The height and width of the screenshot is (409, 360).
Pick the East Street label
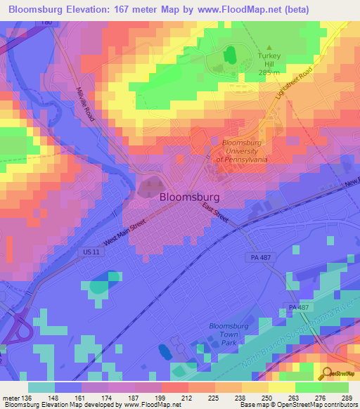pos(217,214)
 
